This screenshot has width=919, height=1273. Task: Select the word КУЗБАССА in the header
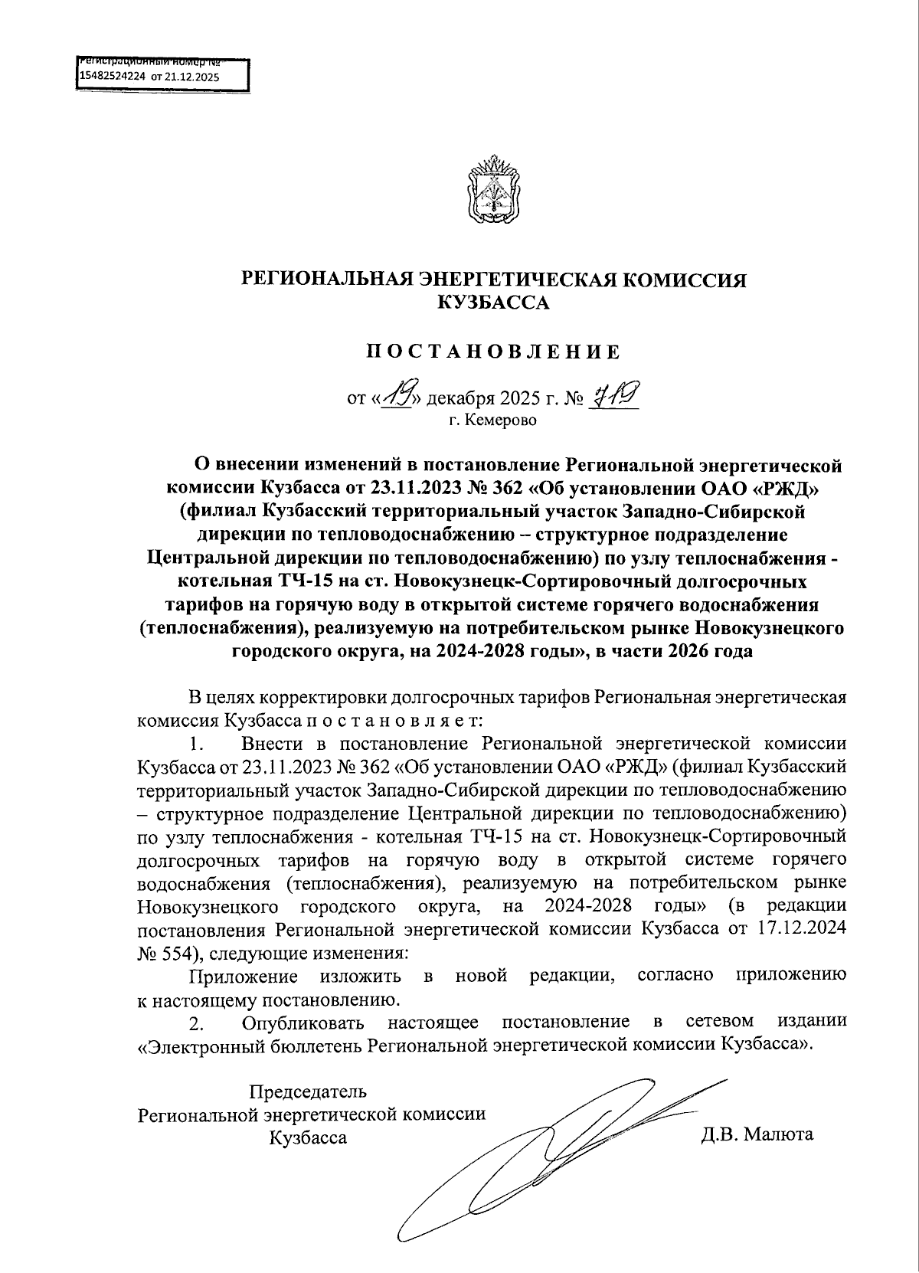coord(493,303)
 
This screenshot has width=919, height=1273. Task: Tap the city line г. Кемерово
coord(493,421)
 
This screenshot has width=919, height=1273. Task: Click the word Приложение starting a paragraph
coord(243,976)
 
